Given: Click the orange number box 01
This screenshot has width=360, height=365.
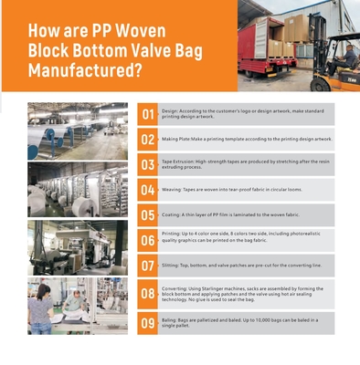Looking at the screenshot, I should coord(148,114).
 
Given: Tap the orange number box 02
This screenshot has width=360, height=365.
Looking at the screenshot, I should coord(148,140).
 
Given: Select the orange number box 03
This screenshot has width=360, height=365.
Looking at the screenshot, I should coord(148,165).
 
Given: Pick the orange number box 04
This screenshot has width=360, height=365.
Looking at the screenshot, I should coord(148,191).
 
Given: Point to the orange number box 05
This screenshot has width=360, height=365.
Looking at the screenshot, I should coord(148,216).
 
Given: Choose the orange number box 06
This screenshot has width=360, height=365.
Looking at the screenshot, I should coord(148,240).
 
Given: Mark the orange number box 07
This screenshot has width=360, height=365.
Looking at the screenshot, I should coord(148,266).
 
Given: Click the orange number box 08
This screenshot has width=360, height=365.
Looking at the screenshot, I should coord(148,294).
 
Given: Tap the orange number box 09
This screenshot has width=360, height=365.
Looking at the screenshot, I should coord(148,323).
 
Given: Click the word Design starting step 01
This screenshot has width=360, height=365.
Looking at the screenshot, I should coord(170,109).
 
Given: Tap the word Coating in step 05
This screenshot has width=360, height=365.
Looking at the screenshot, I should coord(172,215).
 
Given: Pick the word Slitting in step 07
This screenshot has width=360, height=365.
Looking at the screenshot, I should coord(171,266).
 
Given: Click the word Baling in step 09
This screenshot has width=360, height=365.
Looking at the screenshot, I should coord(170,319).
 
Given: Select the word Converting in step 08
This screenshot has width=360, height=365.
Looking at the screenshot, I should coord(175,287).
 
